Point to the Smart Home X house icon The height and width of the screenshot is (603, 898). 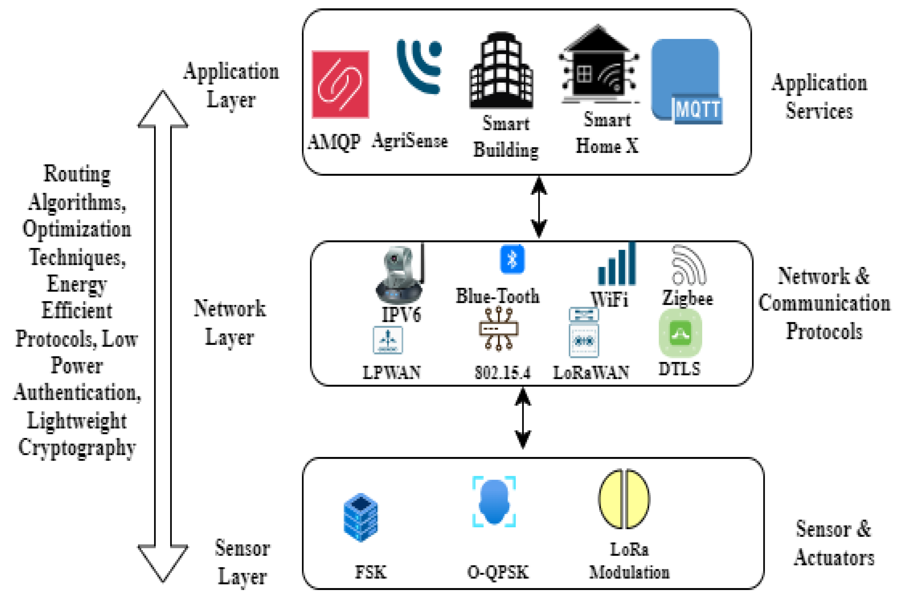598,65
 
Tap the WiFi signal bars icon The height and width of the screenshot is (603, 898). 617,265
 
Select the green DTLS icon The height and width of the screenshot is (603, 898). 680,333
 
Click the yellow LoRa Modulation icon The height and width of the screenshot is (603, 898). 624,498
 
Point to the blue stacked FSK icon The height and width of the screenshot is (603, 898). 360,517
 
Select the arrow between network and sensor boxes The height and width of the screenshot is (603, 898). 523,418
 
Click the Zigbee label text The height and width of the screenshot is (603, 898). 687,299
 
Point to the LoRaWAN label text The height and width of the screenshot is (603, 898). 591,372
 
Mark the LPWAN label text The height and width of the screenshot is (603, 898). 391,372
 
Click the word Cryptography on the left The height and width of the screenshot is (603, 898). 77,448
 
